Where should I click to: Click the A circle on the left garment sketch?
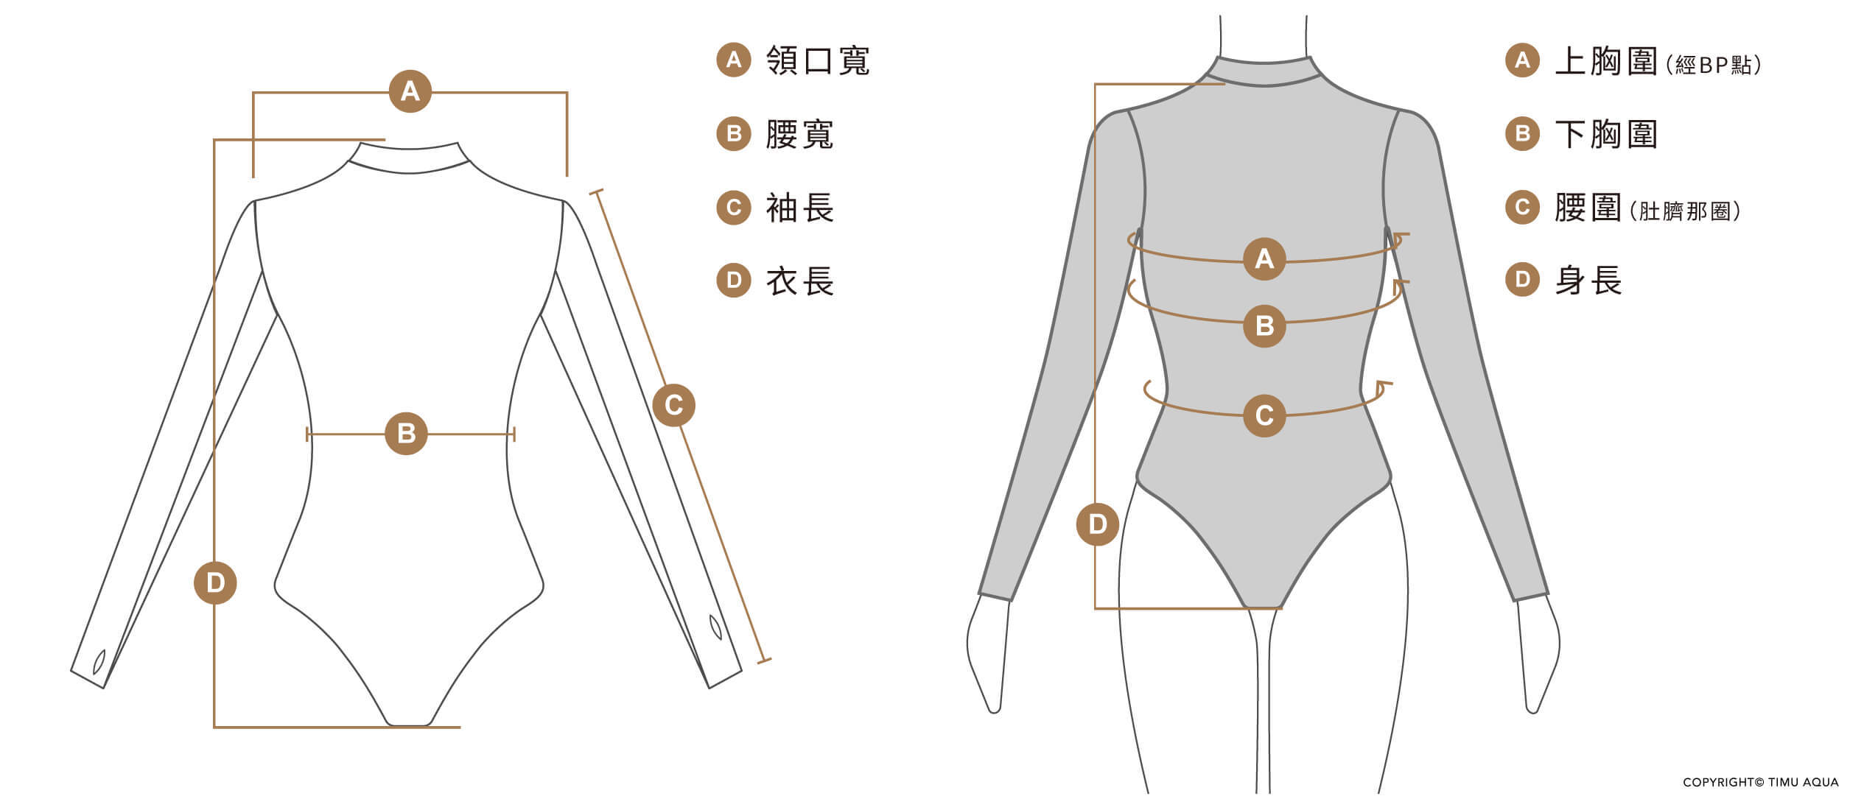point(410,91)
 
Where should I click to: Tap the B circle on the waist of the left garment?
point(406,434)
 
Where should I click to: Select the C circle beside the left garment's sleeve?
point(673,405)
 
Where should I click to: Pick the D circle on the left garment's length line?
point(215,582)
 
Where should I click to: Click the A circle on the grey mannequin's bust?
point(1264,258)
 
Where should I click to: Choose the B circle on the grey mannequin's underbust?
point(1264,325)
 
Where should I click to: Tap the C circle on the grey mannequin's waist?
point(1264,415)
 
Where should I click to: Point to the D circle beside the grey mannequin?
point(1098,524)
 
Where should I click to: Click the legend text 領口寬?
point(818,60)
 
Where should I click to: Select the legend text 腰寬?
point(799,134)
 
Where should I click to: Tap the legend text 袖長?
point(799,208)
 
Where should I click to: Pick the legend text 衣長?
point(799,281)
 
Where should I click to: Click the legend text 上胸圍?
point(1606,60)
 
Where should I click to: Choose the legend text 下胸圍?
point(1606,134)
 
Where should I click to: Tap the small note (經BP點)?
point(1713,66)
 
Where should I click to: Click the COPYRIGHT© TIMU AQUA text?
point(1760,782)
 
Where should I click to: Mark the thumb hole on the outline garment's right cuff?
point(715,627)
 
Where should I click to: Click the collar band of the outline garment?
point(409,158)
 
